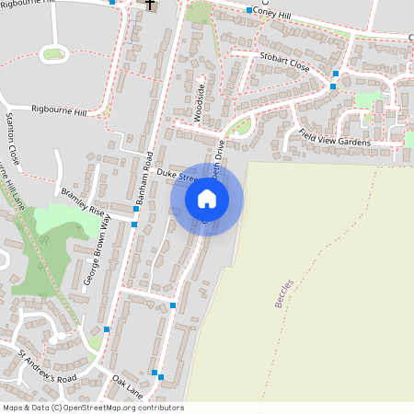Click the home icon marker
[207, 198]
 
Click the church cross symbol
[150, 5]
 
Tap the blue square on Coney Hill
[249, 10]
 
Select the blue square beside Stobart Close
[336, 73]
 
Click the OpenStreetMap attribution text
[93, 408]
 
